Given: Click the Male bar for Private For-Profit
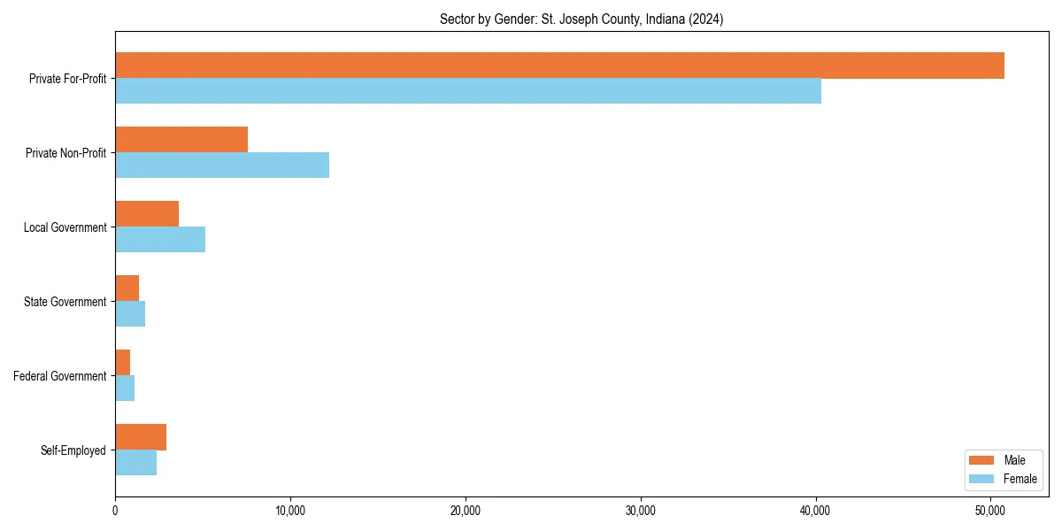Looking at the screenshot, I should coord(559,65).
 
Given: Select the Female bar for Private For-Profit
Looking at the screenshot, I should coord(468,91).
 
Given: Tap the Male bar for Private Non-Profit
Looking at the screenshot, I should coord(181,140).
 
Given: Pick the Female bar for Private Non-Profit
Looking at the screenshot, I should coord(222,165).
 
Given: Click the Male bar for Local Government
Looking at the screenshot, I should coord(147,214).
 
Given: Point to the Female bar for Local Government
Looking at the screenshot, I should coord(160,240).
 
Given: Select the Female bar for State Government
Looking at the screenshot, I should coord(130,314).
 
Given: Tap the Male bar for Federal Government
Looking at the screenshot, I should coord(123,363).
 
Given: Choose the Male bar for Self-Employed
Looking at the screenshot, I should coord(141,437).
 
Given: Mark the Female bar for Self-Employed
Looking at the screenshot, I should coord(136,463).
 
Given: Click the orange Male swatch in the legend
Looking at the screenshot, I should coord(982,460).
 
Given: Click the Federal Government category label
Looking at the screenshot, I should coord(60,376).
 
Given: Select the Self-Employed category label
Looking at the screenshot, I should coord(73,450).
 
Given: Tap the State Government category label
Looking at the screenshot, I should coord(65,302).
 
